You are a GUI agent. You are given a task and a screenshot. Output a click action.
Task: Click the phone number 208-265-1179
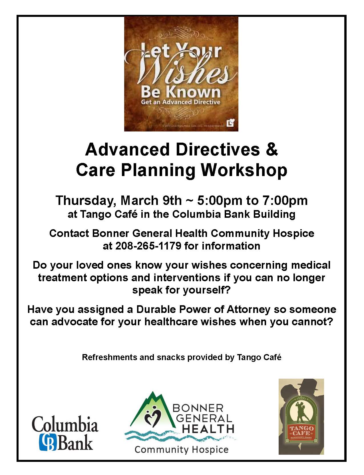tap(148, 246)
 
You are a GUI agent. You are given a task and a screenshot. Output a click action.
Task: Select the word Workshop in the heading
tap(244, 171)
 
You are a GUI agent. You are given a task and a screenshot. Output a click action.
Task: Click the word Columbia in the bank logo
tap(65, 423)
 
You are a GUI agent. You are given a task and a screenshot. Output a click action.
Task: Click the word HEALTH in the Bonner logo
tap(208, 429)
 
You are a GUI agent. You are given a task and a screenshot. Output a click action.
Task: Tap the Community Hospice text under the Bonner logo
tap(182, 450)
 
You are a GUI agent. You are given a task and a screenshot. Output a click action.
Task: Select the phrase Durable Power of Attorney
tap(203, 310)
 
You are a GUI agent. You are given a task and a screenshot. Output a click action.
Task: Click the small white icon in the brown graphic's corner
tap(231, 123)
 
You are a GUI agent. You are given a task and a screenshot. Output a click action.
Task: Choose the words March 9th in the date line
tap(151, 201)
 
